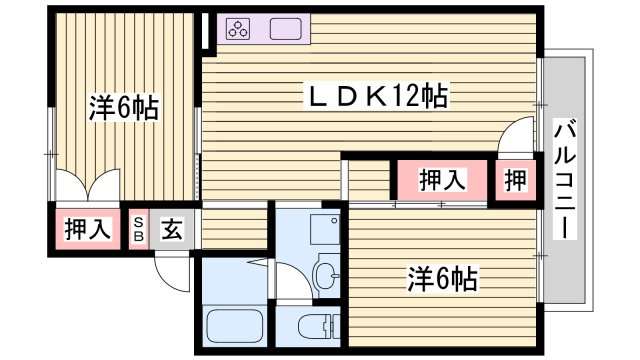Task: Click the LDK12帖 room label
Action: [x=375, y=98]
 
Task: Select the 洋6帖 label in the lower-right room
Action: [x=441, y=276]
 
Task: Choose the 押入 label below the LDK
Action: [x=441, y=180]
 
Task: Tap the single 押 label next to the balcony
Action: [x=514, y=180]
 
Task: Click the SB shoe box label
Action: [x=139, y=229]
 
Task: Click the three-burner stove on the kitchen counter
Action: [x=240, y=29]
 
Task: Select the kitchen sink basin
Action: [x=283, y=29]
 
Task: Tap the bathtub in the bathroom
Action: [x=234, y=325]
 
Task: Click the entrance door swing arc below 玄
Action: [x=172, y=272]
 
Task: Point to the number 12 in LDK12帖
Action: [x=410, y=98]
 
